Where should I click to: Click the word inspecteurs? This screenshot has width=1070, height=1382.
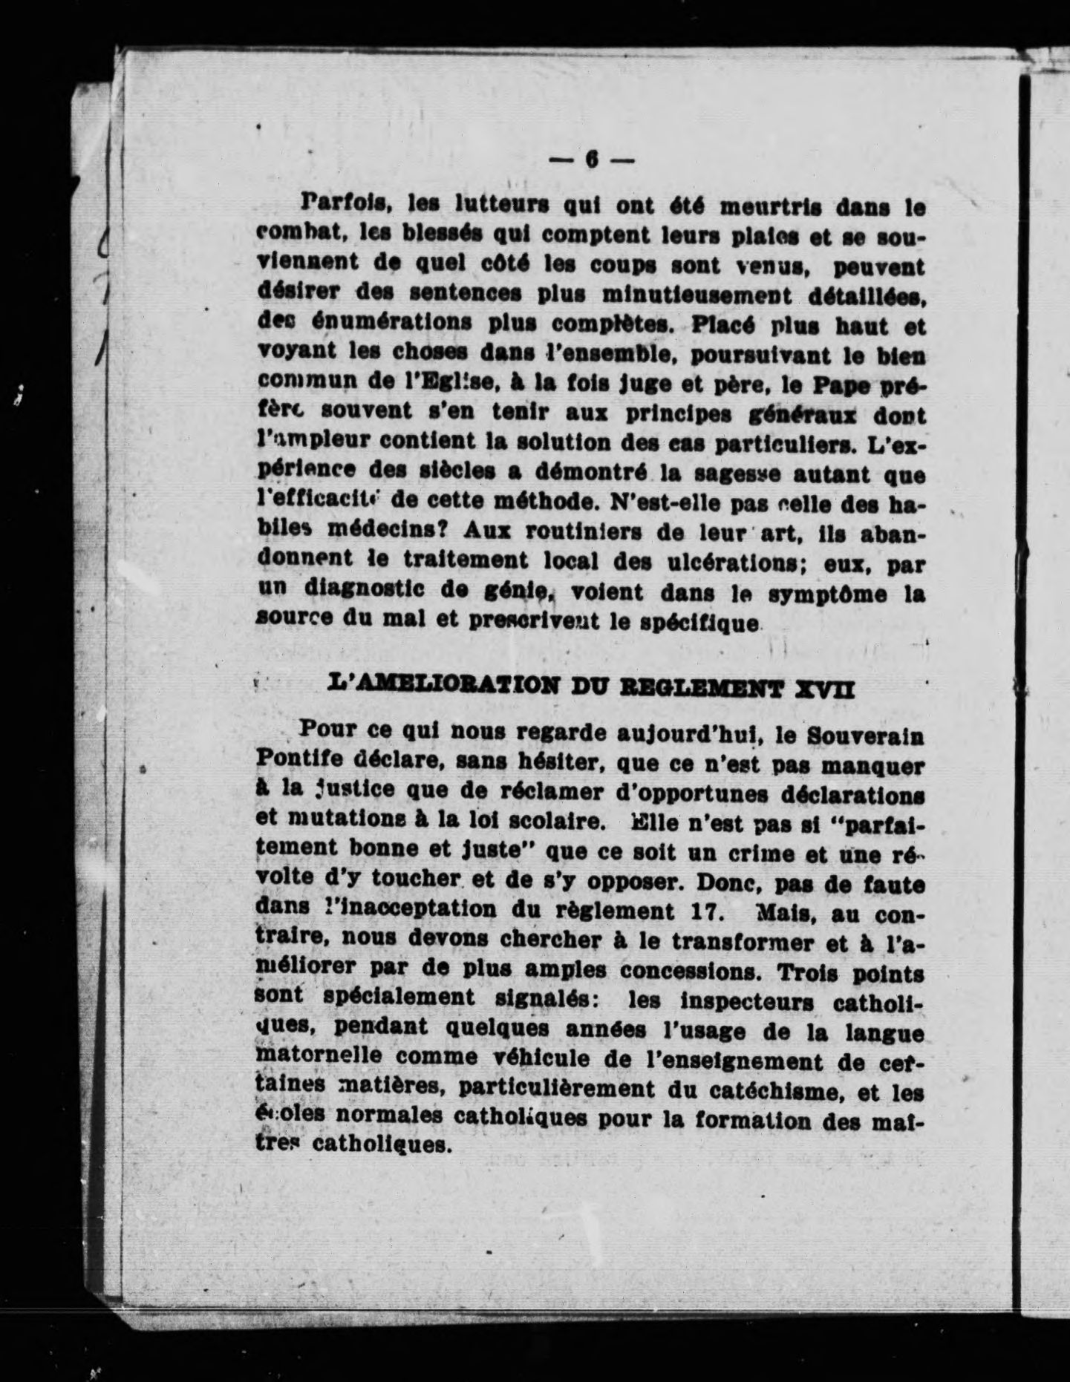(747, 1002)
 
